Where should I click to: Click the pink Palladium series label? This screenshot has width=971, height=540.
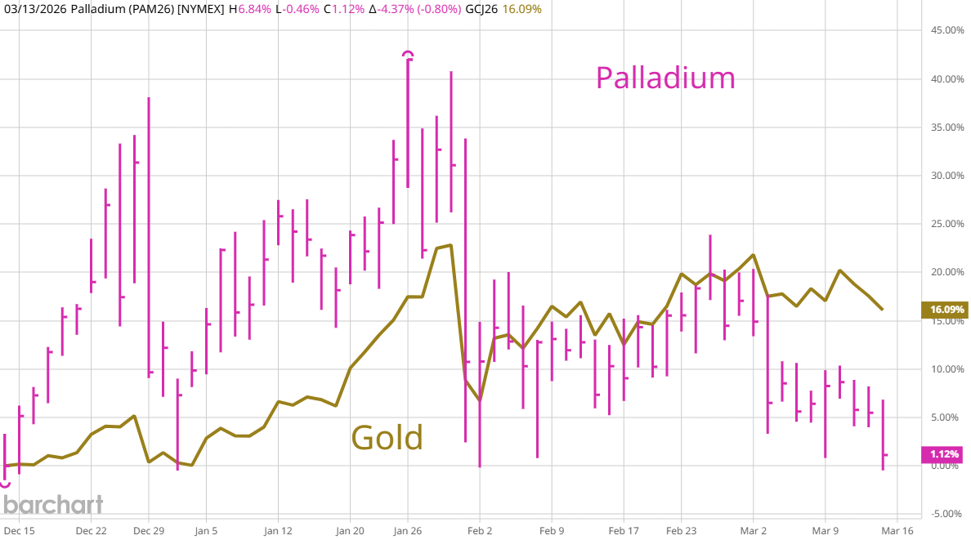click(x=665, y=78)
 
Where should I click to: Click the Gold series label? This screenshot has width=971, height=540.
click(x=387, y=438)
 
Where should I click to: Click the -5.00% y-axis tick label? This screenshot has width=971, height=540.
click(x=946, y=514)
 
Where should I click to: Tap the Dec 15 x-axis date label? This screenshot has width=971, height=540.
click(x=18, y=529)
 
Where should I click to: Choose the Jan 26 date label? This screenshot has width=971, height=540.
click(x=407, y=529)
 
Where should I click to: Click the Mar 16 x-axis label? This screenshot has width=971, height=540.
click(x=897, y=529)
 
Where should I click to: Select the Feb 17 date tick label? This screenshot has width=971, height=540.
click(x=624, y=529)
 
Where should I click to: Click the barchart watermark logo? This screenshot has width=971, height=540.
click(x=51, y=504)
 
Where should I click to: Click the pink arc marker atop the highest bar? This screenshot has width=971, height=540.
click(x=408, y=54)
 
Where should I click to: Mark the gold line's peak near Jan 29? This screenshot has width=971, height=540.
click(x=450, y=245)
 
